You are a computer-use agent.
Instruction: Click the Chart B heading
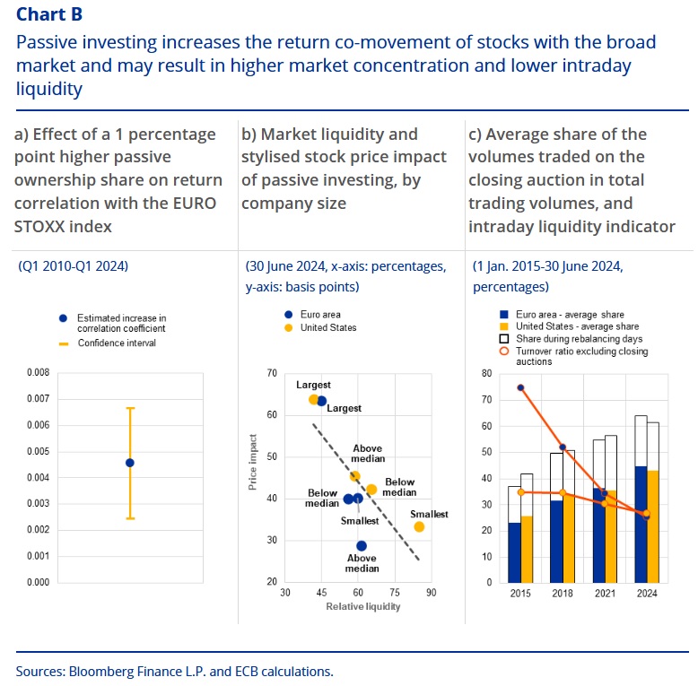[x=53, y=14]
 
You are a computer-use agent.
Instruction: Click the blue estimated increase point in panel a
[x=130, y=463]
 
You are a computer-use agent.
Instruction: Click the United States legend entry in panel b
[x=328, y=327]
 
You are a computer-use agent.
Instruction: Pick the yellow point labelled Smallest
[x=419, y=526]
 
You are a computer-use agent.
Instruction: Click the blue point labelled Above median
[x=362, y=545]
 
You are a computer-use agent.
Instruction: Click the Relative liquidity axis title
[x=358, y=606]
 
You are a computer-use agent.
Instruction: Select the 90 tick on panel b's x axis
[x=431, y=593]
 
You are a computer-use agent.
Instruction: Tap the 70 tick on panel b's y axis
[x=270, y=373]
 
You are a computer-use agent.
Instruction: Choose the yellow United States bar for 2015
[x=527, y=549]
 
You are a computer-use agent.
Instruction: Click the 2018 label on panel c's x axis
[x=563, y=593]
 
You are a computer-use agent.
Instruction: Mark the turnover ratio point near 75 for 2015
[x=520, y=387]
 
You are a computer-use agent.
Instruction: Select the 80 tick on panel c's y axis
[x=486, y=373]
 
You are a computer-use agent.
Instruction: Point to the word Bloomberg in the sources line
[x=100, y=670]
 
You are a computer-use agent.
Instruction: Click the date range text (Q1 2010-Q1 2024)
[x=73, y=266]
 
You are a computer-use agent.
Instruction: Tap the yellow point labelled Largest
[x=313, y=399]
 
